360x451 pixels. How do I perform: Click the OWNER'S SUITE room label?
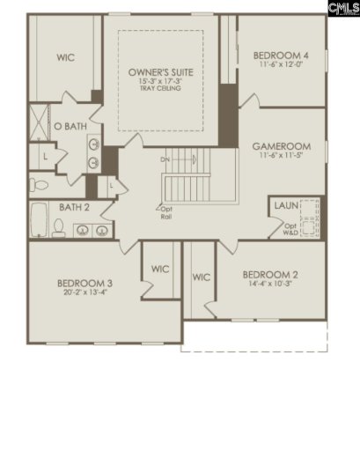160,71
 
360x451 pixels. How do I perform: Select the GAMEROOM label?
279,145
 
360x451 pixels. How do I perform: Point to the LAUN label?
285,205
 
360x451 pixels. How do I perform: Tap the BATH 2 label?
74,208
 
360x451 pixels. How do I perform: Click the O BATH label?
70,127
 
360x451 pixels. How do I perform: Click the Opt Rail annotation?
165,212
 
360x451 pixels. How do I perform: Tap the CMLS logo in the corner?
342,9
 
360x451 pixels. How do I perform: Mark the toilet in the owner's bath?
38,184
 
